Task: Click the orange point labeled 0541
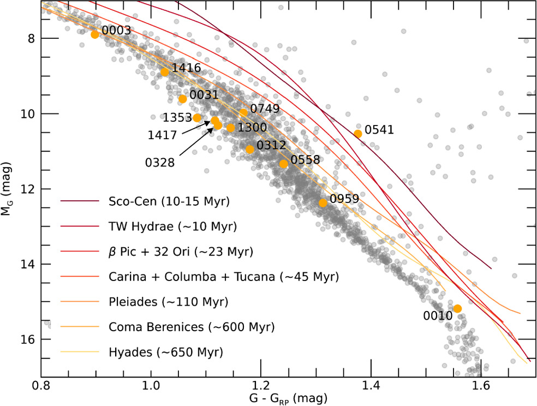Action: [358, 134]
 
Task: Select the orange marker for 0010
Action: [457, 309]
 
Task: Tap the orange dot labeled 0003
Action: [95, 34]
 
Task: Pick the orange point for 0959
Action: [323, 203]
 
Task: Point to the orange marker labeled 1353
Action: [197, 118]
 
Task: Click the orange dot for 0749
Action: [243, 112]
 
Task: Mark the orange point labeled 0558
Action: [284, 164]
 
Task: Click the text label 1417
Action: [162, 135]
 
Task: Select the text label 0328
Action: [160, 163]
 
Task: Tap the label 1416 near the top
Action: [186, 68]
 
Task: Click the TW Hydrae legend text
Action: [173, 226]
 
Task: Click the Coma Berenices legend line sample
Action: [80, 327]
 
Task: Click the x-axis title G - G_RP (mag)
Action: [288, 398]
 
